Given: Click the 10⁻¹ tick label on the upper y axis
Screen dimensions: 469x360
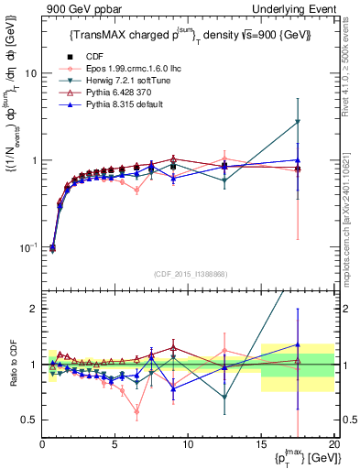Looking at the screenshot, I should (x=28, y=248).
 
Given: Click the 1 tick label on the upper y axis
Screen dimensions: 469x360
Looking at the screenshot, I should (x=34, y=161).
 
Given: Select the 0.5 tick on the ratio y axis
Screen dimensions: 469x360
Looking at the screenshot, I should (x=29, y=420).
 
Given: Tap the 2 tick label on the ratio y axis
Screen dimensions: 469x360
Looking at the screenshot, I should (x=34, y=310).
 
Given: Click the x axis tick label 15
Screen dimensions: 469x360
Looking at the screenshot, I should (x=261, y=444).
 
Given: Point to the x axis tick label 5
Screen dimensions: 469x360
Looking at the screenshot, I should (x=115, y=444).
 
